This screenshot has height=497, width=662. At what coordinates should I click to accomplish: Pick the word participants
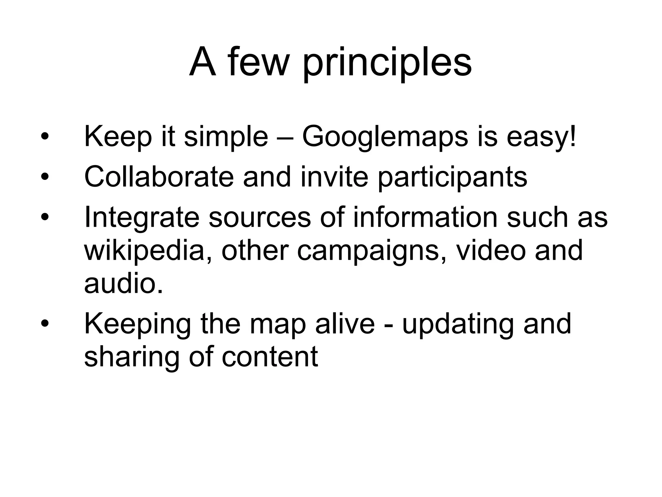(x=453, y=178)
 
